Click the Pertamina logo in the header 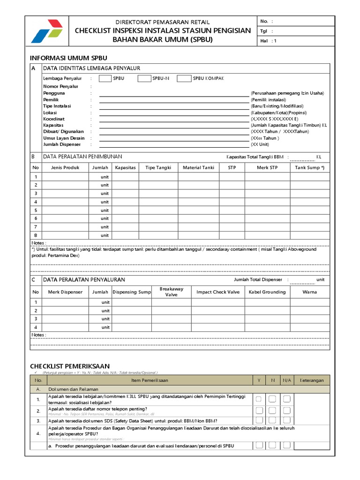(x=46, y=30)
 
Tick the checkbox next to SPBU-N (x=144, y=78)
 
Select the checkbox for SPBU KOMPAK (x=184, y=78)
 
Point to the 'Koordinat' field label (x=54, y=119)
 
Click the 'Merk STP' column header (x=267, y=167)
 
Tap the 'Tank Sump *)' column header (x=310, y=167)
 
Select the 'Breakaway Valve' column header (x=172, y=292)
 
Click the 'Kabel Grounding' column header (x=267, y=292)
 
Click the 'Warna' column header (x=310, y=292)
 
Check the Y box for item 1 (x=258, y=399)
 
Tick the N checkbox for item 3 (x=272, y=420)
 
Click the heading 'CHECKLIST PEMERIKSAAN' (x=70, y=366)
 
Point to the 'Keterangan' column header (x=312, y=380)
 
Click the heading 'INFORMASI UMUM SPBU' (x=68, y=58)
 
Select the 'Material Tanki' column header (x=198, y=167)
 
